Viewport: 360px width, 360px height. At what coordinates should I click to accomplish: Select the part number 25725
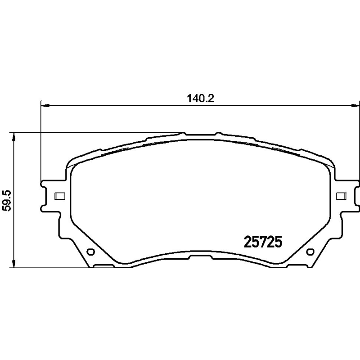click(262, 243)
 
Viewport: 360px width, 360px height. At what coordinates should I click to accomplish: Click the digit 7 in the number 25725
click(262, 243)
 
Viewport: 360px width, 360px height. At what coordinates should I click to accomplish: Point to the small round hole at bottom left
click(89, 252)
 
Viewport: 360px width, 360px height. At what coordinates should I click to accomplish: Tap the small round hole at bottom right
click(310, 252)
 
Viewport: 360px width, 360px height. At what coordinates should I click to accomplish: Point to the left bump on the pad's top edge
click(183, 133)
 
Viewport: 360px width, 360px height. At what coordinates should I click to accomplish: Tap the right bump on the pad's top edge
click(218, 133)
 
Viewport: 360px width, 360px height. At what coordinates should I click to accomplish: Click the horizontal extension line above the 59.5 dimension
click(90, 133)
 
